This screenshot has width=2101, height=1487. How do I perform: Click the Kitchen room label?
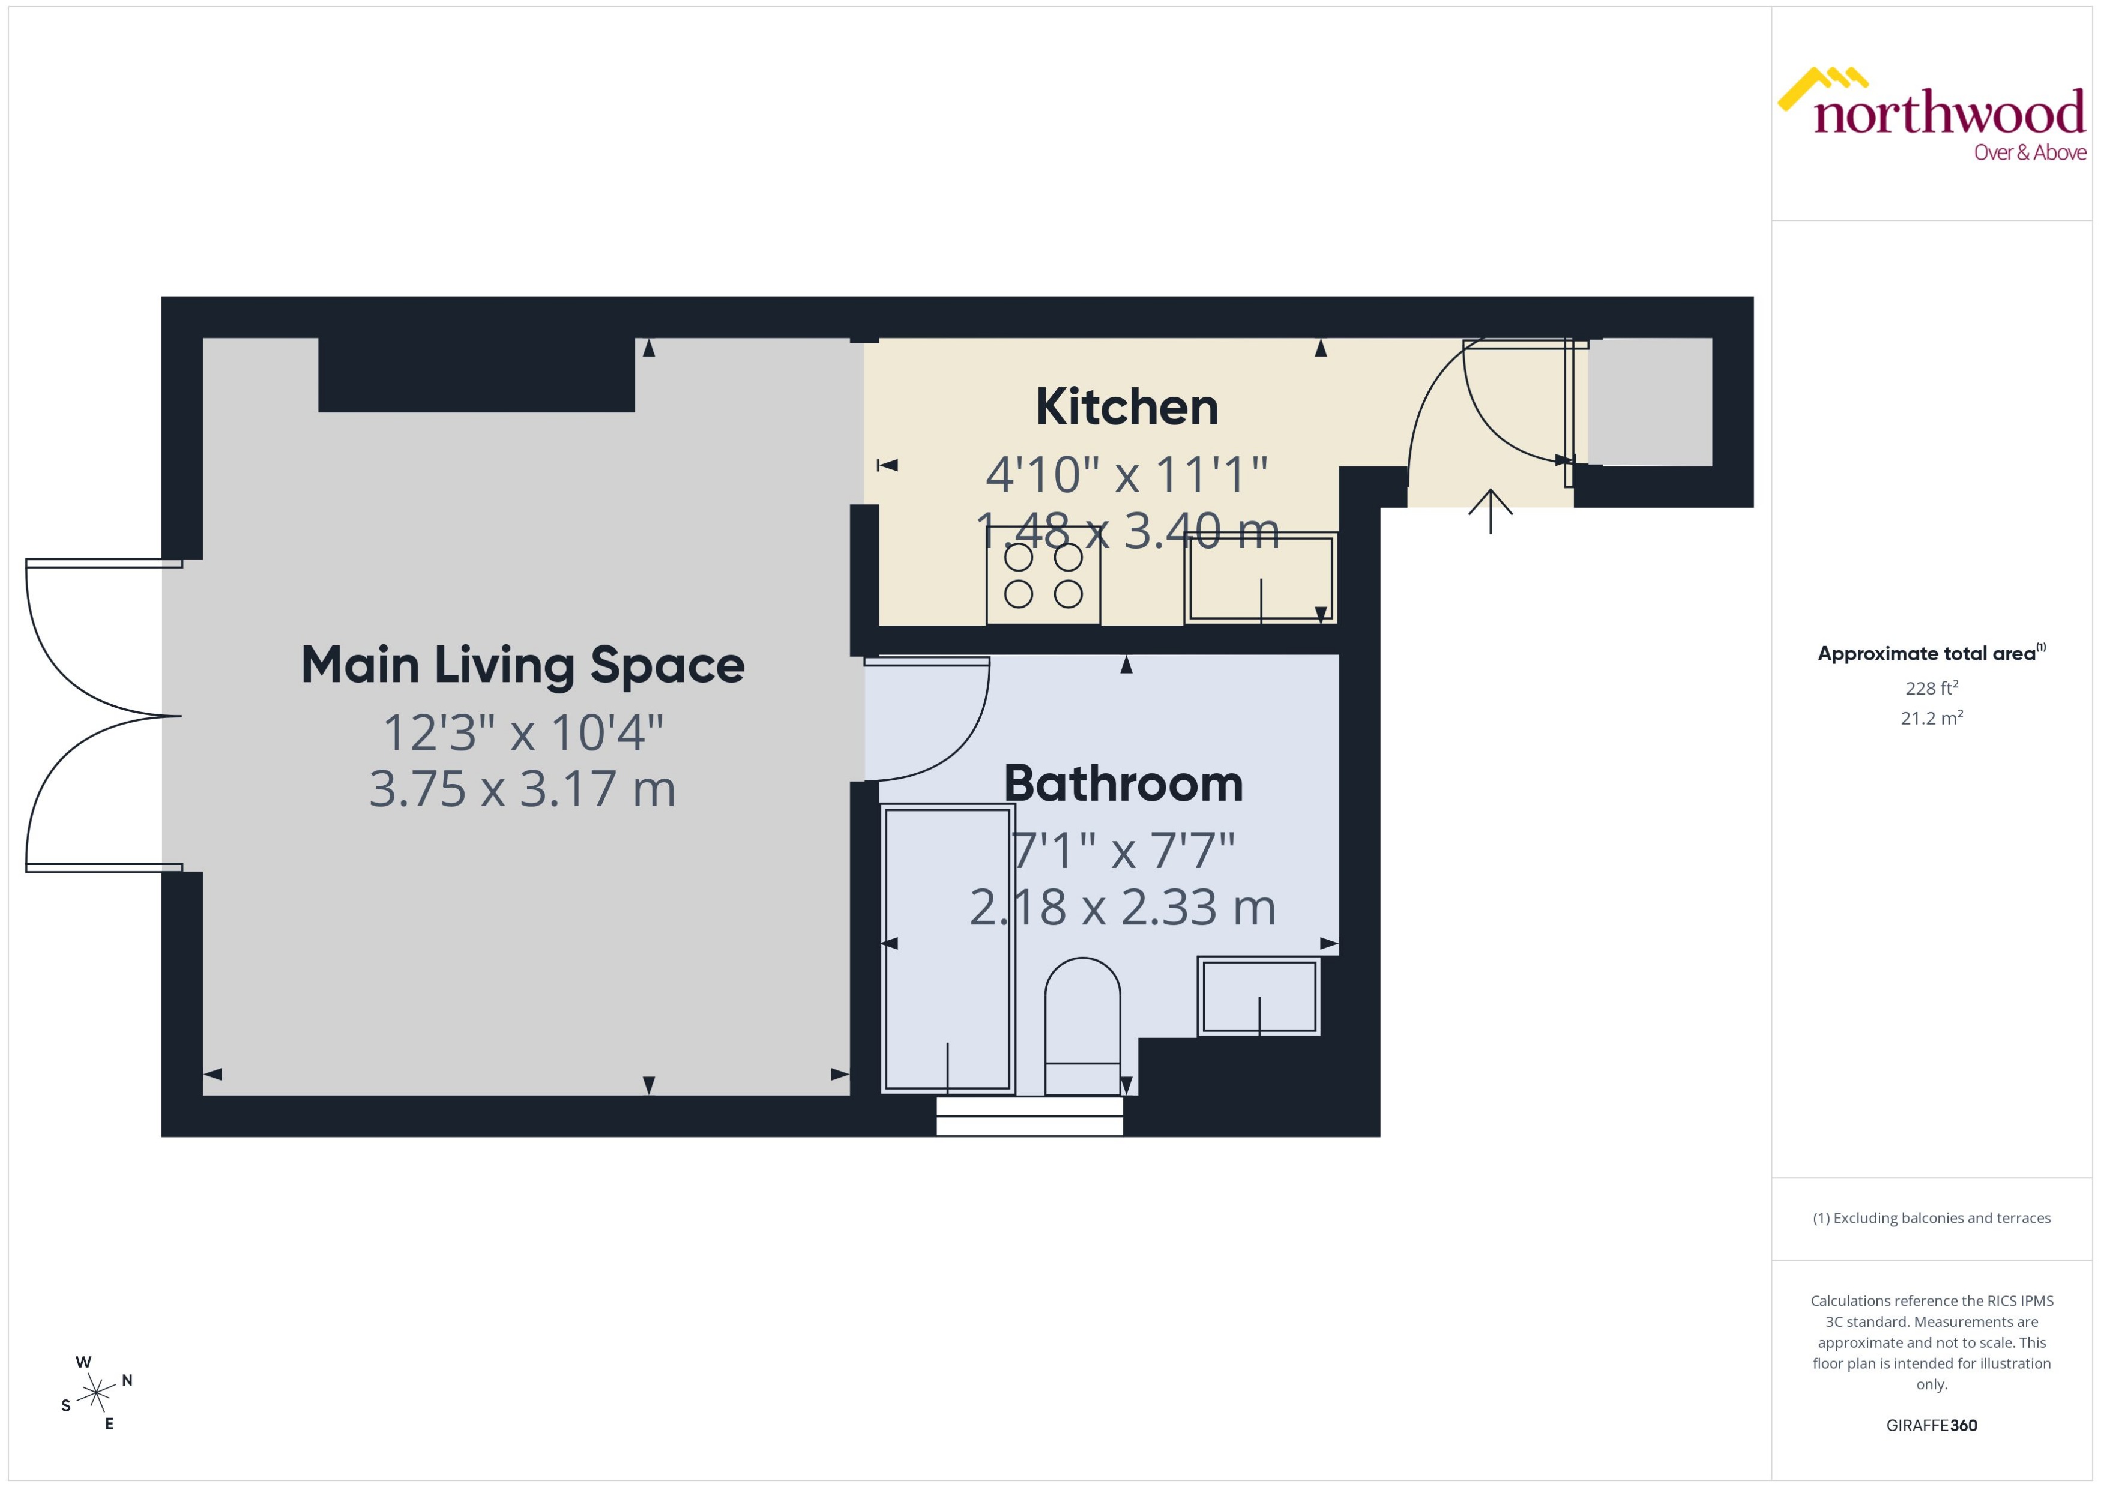1126,408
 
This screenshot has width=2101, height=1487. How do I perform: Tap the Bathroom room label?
1123,784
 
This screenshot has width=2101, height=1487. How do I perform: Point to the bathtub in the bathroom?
947,949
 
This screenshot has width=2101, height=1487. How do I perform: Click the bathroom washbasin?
1259,996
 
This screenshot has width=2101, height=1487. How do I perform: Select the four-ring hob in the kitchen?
1043,576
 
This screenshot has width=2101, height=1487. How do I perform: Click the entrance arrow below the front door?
1491,511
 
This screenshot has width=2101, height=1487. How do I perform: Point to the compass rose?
95,1393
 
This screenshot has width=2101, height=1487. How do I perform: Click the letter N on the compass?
127,1380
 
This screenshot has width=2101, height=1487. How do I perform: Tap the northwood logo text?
1949,113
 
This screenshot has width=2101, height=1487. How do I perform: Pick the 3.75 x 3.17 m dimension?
522,789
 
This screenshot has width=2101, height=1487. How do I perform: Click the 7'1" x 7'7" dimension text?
1123,851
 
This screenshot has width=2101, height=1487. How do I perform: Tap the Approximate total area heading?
1926,654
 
